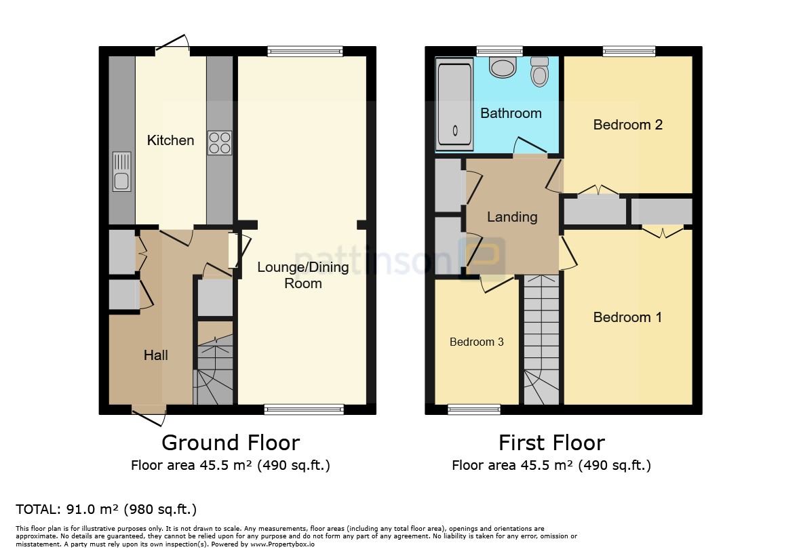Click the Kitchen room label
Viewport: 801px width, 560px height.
click(x=171, y=140)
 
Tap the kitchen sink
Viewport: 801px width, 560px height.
click(x=121, y=172)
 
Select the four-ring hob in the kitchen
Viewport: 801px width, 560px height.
click(x=219, y=143)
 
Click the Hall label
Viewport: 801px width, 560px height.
click(x=156, y=355)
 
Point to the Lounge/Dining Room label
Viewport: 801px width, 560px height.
click(x=303, y=275)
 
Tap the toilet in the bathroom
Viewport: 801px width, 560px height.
click(x=539, y=71)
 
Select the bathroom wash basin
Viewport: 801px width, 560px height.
click(x=503, y=67)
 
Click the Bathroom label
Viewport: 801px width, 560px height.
click(x=511, y=113)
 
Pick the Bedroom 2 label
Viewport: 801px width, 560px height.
click(x=628, y=125)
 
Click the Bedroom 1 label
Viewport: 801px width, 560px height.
click(x=627, y=317)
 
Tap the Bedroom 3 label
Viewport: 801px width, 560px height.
click(x=477, y=342)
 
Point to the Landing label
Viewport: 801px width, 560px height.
click(x=512, y=218)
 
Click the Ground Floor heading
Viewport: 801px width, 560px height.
click(x=231, y=443)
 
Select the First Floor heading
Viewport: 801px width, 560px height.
click(x=551, y=443)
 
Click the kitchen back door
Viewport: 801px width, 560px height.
click(x=173, y=45)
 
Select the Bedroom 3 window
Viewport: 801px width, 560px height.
click(x=474, y=409)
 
